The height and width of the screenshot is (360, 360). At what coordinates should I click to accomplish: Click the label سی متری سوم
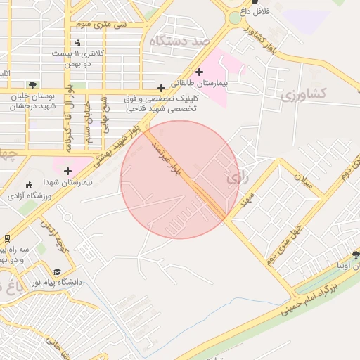[x=101, y=24]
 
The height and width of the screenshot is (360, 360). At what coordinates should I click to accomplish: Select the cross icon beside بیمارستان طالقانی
[x=200, y=72]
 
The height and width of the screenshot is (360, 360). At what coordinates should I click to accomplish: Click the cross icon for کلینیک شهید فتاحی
[x=162, y=88]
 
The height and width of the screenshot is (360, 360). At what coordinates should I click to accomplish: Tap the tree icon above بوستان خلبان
[x=32, y=85]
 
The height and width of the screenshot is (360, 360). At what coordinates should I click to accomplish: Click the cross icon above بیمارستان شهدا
[x=67, y=171]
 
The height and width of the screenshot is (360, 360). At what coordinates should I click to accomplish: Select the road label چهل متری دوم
[x=285, y=245]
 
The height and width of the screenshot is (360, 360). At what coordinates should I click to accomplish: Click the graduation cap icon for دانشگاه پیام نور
[x=57, y=272]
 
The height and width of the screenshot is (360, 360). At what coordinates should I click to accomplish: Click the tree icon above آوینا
[x=356, y=255]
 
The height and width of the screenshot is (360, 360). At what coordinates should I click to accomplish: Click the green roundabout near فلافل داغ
[x=234, y=17]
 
